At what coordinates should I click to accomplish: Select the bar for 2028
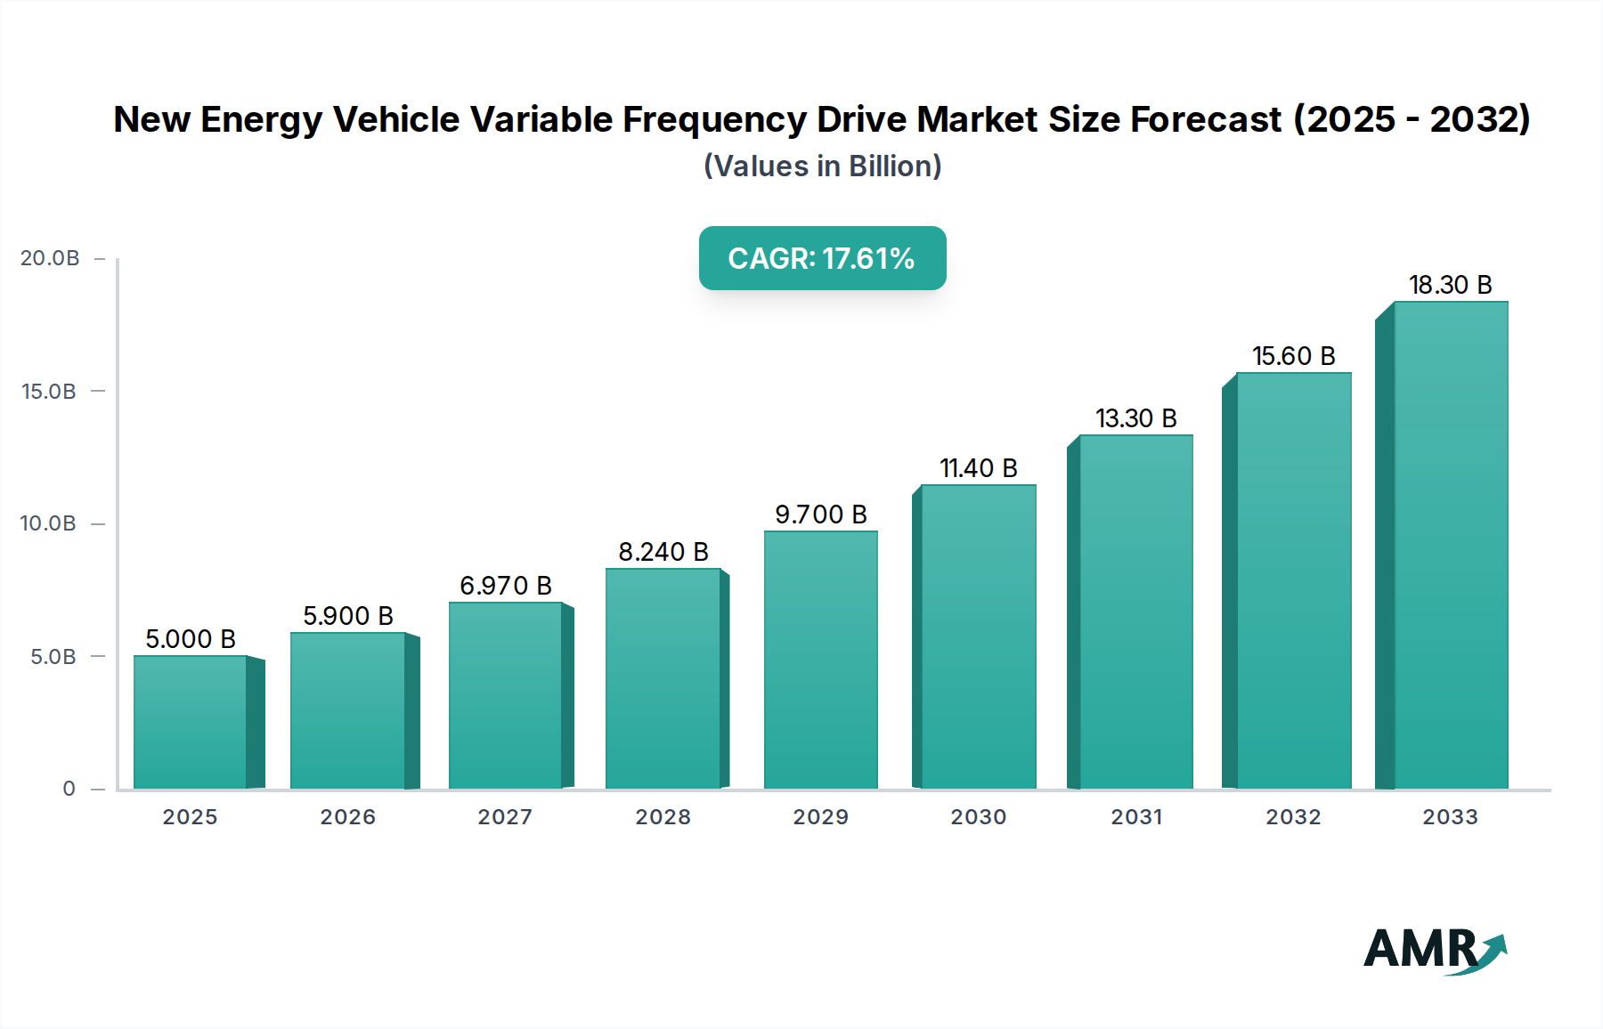point(663,678)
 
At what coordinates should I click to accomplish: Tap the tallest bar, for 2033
point(1451,545)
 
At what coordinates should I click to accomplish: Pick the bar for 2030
point(978,636)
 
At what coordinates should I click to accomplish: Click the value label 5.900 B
point(348,616)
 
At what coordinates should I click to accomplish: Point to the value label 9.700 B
point(820,514)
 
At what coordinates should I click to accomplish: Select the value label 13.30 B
point(1135,418)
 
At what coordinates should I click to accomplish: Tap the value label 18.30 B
point(1450,285)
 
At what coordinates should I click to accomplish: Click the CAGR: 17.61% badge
point(822,258)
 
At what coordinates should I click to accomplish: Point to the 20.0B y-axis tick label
point(50,258)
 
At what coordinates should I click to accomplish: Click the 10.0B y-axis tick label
point(48,523)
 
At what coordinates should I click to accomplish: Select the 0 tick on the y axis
point(69,789)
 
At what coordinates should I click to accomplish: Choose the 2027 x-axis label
point(505,817)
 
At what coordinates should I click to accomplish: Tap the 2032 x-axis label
point(1293,817)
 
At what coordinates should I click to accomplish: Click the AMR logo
point(1434,950)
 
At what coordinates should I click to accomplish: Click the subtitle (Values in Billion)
point(822,166)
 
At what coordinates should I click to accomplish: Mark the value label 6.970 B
point(506,586)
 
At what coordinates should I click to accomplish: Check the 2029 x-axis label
point(820,817)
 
